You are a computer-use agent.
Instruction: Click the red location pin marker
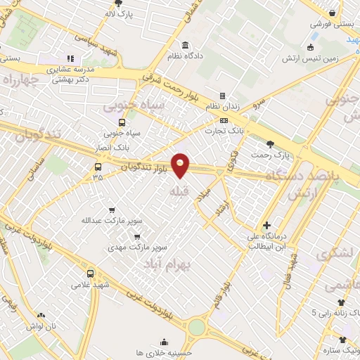click(x=181, y=165)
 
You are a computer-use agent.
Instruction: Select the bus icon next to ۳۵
click(x=98, y=167)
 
